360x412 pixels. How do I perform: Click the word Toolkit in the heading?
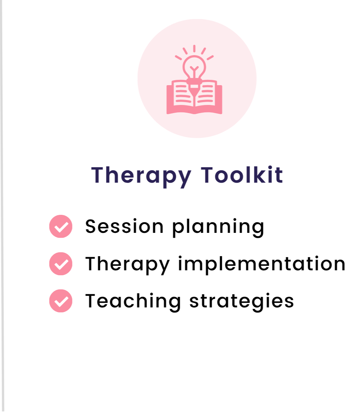(x=242, y=175)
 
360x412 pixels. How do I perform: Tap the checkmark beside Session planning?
(x=61, y=226)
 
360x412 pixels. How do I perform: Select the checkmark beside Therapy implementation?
(x=61, y=264)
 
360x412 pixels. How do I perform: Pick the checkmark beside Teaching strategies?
(x=61, y=301)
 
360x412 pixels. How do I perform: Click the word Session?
(x=124, y=226)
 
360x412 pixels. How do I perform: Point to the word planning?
(x=218, y=228)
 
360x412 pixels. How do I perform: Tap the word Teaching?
(x=133, y=302)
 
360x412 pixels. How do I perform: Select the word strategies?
(x=242, y=302)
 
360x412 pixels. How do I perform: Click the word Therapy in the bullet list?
(x=128, y=265)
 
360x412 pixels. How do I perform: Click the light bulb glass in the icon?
(x=194, y=67)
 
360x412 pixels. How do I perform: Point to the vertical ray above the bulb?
(x=194, y=49)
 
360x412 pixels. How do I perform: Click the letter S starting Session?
(x=91, y=226)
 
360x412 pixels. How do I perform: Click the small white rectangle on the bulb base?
(x=194, y=86)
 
